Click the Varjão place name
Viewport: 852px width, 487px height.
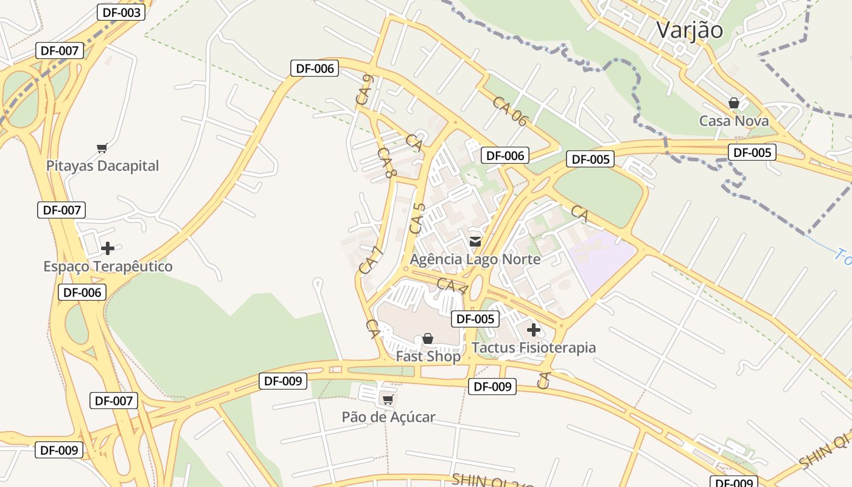(x=690, y=30)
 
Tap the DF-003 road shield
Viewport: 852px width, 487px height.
(x=120, y=12)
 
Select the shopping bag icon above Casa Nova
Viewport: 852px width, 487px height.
(x=734, y=103)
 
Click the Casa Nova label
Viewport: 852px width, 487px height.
(x=734, y=121)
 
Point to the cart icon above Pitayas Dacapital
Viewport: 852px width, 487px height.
(x=102, y=148)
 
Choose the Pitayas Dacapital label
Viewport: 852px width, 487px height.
(x=102, y=166)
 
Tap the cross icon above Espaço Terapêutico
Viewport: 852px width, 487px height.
(x=108, y=248)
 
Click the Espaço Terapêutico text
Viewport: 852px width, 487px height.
(x=108, y=267)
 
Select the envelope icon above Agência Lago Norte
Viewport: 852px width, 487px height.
(x=475, y=242)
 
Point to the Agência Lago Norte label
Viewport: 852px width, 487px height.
(x=475, y=259)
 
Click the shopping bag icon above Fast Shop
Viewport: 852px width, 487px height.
(x=428, y=338)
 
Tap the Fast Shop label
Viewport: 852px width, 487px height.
(x=428, y=356)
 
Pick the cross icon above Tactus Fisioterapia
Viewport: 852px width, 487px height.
(x=534, y=330)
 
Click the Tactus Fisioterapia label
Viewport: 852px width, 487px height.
(x=534, y=348)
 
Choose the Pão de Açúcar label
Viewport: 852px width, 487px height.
(x=388, y=417)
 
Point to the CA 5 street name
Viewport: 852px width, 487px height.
(x=417, y=219)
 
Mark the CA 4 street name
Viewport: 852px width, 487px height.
(x=452, y=287)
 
